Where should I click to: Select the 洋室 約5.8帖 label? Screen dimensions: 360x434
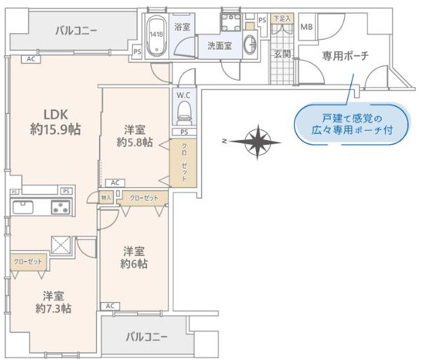(135, 135)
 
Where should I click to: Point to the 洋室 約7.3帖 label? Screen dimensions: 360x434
(53, 301)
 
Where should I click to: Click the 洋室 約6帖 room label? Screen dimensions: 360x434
(134, 257)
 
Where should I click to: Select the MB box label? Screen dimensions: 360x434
(306, 27)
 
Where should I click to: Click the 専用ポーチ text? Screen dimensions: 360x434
(345, 55)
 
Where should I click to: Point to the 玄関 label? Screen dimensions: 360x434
(282, 54)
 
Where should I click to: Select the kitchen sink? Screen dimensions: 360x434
(22, 207)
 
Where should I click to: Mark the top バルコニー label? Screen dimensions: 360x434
(76, 30)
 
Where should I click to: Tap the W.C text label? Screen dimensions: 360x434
(184, 95)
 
